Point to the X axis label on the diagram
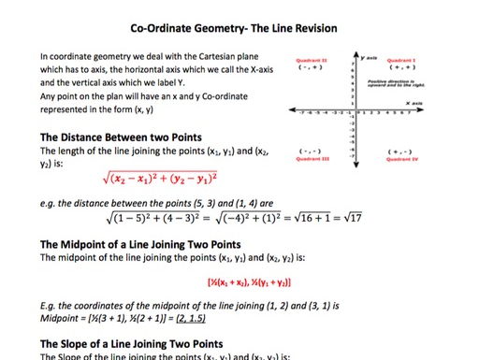pyautogui.click(x=414, y=103)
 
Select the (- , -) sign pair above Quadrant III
pyautogui.click(x=310, y=151)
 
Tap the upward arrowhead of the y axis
pyautogui.click(x=356, y=53)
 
